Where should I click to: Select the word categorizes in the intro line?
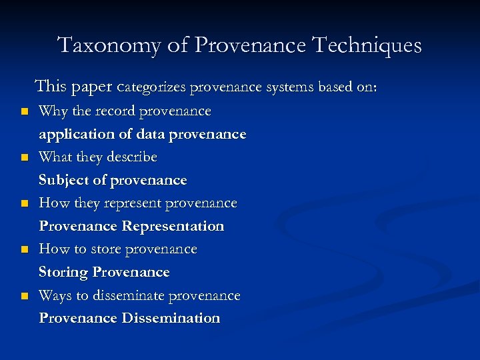tap(151, 87)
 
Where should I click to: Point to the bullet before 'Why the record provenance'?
tap(24, 111)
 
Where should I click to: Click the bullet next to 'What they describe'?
tap(24, 158)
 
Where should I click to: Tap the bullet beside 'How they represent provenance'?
tap(24, 203)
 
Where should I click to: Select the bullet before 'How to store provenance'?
tap(24, 249)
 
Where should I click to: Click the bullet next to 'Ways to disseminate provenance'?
tap(24, 296)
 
